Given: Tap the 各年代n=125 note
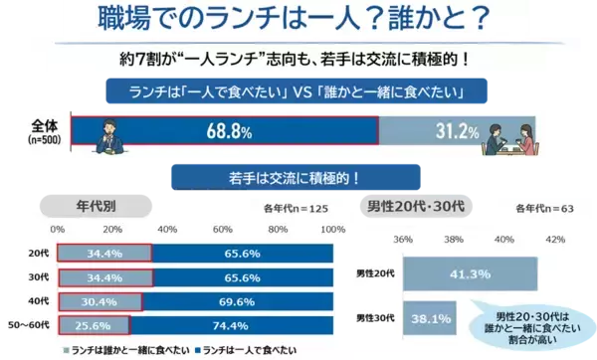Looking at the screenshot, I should coord(296,209).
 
